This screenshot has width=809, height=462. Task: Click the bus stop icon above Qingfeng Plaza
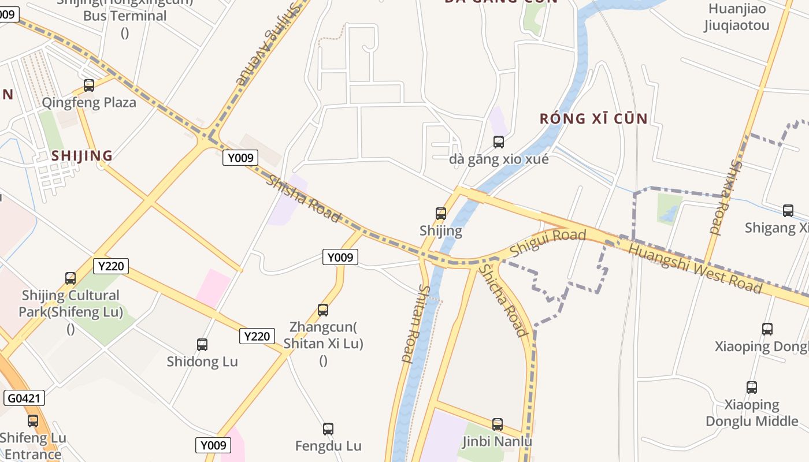pos(89,85)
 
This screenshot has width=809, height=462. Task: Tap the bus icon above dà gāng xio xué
pos(498,141)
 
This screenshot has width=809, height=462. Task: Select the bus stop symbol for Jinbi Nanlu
pos(498,424)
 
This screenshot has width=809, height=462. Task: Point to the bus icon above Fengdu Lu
pos(328,429)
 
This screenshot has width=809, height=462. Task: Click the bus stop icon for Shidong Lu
pos(202,345)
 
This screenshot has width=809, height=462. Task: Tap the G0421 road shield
pos(24,398)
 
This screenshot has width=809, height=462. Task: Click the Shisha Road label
pos(303,198)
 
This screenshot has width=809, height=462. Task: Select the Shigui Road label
pos(548,243)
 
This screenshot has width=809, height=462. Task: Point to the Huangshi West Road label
pos(695,268)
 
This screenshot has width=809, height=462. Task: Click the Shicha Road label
pos(504,300)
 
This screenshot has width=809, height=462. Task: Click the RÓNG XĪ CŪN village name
pos(593,119)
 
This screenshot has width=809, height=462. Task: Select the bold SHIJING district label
pos(82,156)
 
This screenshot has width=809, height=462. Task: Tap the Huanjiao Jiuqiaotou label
pos(737,17)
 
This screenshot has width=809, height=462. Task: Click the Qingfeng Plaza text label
pos(89,103)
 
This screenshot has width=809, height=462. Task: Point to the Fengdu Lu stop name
pos(328,446)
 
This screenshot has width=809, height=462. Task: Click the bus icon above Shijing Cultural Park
pos(70,278)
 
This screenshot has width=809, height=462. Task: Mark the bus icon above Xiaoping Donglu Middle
pos(751,388)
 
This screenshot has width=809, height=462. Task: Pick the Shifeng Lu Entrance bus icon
pos(33,421)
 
